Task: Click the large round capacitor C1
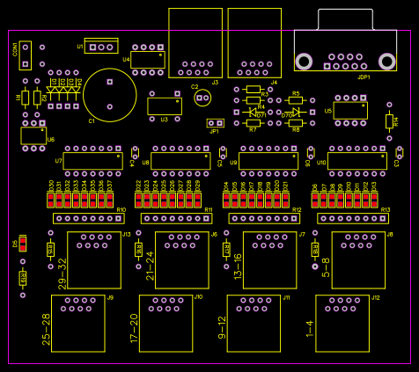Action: tap(109, 95)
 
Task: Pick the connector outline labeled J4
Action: tap(254, 43)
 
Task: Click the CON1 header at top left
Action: tap(26, 55)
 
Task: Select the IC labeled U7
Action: tap(93, 161)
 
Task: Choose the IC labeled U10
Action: tap(357, 161)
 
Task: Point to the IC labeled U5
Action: tap(350, 110)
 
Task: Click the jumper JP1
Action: tap(216, 122)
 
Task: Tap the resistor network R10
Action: tap(89, 218)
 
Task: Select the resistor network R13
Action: tap(353, 218)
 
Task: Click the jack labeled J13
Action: tap(94, 259)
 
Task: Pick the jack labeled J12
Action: tap(342, 323)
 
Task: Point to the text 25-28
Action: tap(47, 327)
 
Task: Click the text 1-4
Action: tap(310, 328)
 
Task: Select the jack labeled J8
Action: tap(358, 259)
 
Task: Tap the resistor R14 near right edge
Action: tap(389, 121)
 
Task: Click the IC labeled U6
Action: tap(33, 135)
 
